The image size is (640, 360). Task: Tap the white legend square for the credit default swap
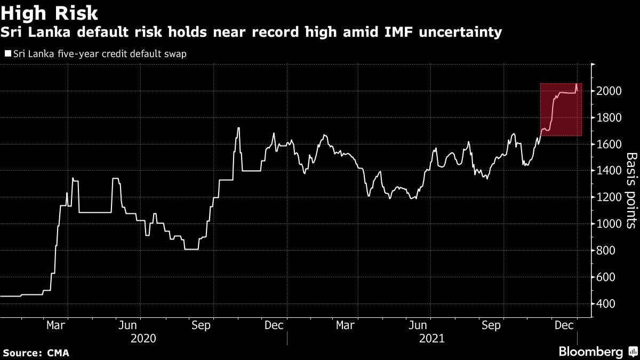click(7, 54)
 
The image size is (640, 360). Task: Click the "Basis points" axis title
click(630, 190)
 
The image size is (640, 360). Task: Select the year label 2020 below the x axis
click(143, 338)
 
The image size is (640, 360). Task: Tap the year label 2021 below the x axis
click(431, 338)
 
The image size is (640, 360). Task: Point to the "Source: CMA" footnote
click(36, 353)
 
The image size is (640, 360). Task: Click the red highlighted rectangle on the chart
click(561, 110)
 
